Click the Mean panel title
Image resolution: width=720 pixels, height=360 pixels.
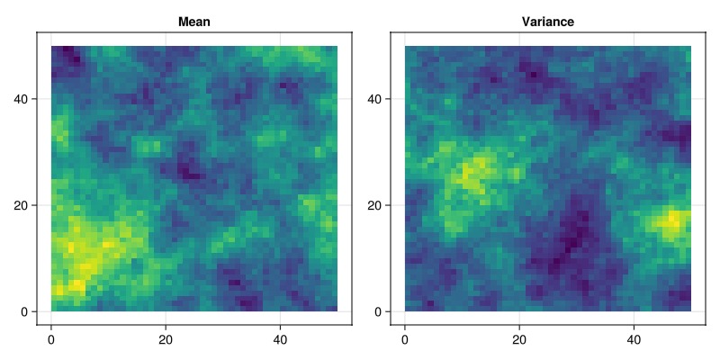click(x=194, y=22)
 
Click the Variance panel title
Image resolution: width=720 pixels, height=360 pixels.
click(x=548, y=22)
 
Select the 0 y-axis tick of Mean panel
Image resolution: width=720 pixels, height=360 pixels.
click(x=25, y=311)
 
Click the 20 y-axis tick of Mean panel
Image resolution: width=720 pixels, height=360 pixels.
click(x=22, y=205)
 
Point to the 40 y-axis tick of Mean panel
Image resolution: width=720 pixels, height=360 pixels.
click(x=22, y=98)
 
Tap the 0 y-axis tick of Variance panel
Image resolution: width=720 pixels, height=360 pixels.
click(x=379, y=311)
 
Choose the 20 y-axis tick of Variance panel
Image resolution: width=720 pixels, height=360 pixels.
click(x=375, y=205)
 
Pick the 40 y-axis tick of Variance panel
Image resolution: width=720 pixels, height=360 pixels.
click(x=375, y=98)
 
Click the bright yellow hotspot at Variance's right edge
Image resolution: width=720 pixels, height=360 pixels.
click(x=673, y=220)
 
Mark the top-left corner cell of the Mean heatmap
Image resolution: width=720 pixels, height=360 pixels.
click(x=54, y=49)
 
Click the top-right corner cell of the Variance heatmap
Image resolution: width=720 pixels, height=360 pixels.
click(x=688, y=49)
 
